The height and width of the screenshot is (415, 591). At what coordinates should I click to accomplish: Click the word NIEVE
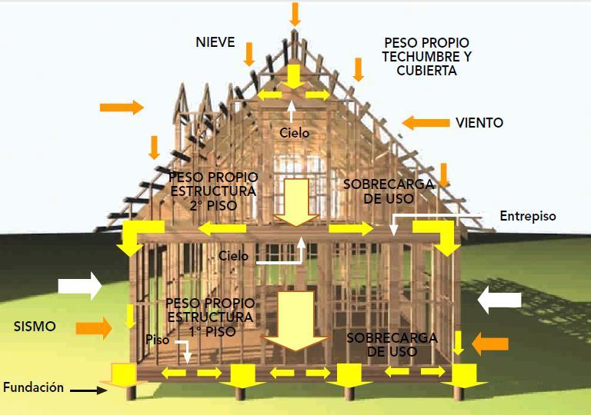pyautogui.click(x=215, y=42)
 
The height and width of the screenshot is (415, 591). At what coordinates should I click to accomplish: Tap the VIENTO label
pyautogui.click(x=479, y=122)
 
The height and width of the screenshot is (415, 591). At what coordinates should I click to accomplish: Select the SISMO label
pyautogui.click(x=35, y=326)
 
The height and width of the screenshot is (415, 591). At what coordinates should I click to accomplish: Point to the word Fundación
pyautogui.click(x=33, y=387)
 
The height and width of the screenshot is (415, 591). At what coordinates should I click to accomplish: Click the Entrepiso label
pyautogui.click(x=527, y=216)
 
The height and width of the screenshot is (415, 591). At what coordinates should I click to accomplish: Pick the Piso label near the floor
pyautogui.click(x=158, y=339)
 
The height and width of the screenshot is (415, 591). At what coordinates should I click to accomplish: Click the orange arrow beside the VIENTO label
pyautogui.click(x=426, y=122)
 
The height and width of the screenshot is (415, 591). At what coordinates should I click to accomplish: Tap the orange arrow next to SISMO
pyautogui.click(x=93, y=327)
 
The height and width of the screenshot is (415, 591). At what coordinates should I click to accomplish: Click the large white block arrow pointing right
pyautogui.click(x=80, y=286)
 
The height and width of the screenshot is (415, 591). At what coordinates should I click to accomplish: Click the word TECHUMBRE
pyautogui.click(x=427, y=56)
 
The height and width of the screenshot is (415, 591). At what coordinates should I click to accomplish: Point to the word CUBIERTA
pyautogui.click(x=427, y=70)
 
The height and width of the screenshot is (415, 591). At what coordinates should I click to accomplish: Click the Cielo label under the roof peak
pyautogui.click(x=294, y=133)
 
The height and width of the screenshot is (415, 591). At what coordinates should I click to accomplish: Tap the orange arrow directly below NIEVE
pyautogui.click(x=249, y=55)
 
